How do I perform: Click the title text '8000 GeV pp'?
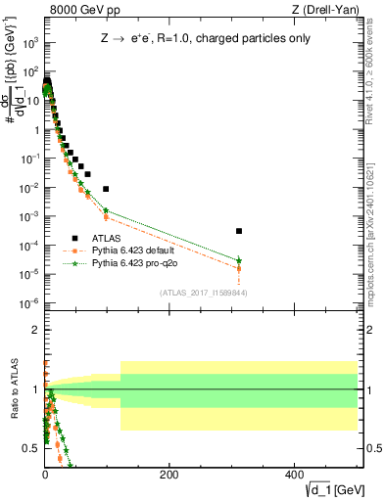pos(77,11)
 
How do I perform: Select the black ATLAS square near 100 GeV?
pos(106,189)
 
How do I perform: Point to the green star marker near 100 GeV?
pos(106,209)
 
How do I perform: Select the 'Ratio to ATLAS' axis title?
pos(13,389)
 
